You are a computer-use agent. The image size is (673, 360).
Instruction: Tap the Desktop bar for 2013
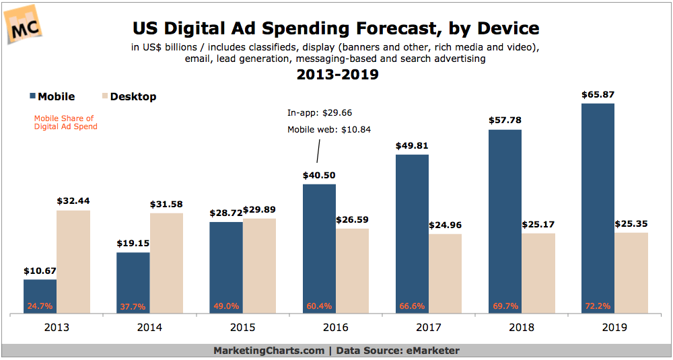pyautogui.click(x=73, y=262)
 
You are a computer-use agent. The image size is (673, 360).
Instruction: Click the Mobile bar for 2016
pyautogui.click(x=319, y=248)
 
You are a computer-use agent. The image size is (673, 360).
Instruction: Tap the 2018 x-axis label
pyautogui.click(x=522, y=328)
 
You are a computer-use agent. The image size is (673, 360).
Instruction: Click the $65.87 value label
pyautogui.click(x=598, y=95)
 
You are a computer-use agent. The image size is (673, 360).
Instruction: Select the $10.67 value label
pyautogui.click(x=40, y=271)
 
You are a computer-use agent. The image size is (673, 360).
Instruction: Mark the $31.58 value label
pyautogui.click(x=166, y=204)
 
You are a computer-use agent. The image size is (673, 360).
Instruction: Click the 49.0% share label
pyautogui.click(x=225, y=306)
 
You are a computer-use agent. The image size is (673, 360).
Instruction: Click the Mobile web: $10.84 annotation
pyautogui.click(x=329, y=130)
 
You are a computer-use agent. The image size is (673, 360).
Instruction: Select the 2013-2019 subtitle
pyautogui.click(x=337, y=75)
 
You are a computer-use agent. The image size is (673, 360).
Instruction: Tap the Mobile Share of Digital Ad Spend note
pyautogui.click(x=66, y=122)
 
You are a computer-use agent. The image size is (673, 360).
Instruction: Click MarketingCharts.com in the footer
pyautogui.click(x=269, y=351)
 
